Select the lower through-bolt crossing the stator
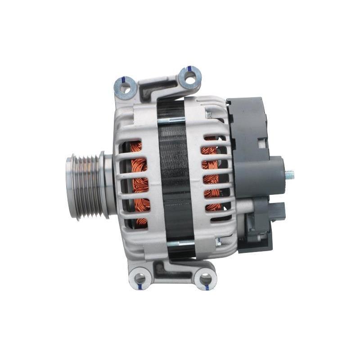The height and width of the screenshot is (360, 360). pyautogui.click(x=180, y=243)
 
